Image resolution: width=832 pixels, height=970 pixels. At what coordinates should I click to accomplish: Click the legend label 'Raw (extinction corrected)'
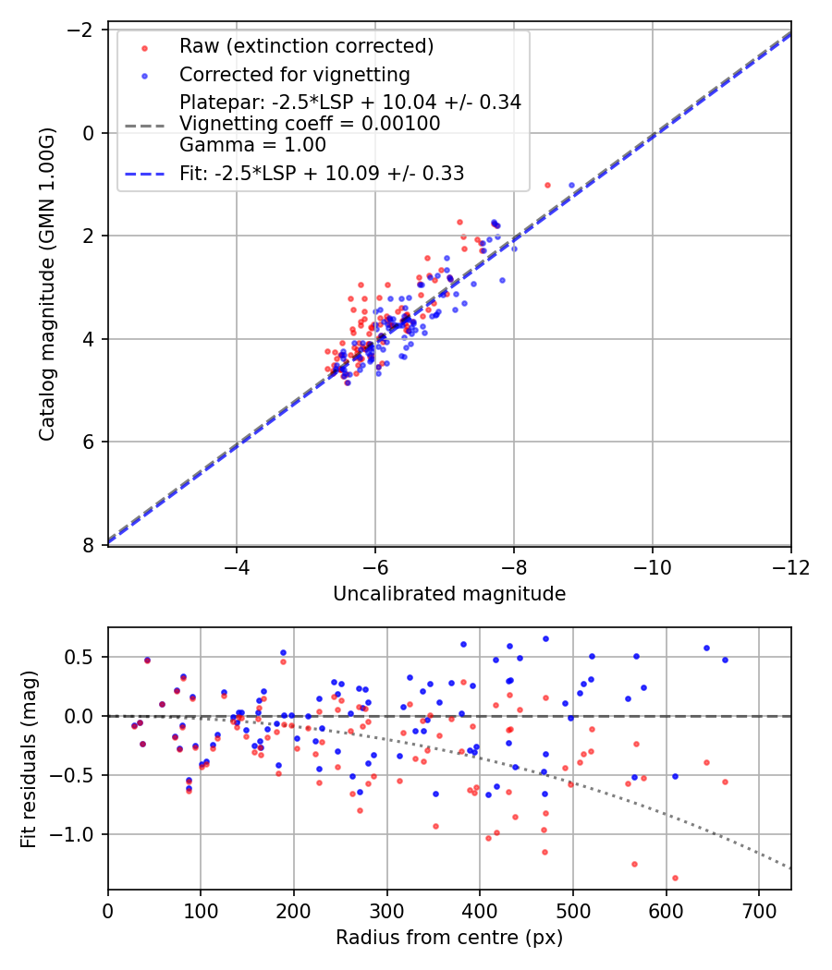pos(306,46)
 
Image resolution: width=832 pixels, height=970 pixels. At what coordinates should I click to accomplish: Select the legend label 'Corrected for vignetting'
pos(295,74)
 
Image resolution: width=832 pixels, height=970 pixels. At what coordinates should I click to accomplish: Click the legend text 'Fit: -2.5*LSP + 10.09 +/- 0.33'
pos(322,173)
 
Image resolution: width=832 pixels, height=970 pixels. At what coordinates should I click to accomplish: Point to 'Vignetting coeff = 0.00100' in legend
pos(310,124)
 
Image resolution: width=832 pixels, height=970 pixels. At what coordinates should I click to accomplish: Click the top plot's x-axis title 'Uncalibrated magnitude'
pos(449,594)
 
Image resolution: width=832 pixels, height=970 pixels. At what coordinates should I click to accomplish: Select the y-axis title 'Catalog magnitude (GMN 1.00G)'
pos(47,285)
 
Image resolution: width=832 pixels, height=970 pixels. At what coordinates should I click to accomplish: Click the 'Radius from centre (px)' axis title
pos(449,938)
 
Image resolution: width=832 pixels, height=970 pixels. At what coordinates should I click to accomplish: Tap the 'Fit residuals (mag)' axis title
pos(29,758)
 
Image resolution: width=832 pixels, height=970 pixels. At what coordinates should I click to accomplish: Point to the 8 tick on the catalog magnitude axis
pos(90,545)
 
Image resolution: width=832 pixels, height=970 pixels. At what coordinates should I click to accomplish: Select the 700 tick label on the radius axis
pos(759,911)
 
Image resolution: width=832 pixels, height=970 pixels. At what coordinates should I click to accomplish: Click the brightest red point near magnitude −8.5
pos(547,185)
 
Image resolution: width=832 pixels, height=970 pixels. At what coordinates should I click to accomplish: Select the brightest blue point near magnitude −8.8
pos(571,185)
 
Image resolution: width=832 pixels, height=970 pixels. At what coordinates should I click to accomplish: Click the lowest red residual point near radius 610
pos(675,878)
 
